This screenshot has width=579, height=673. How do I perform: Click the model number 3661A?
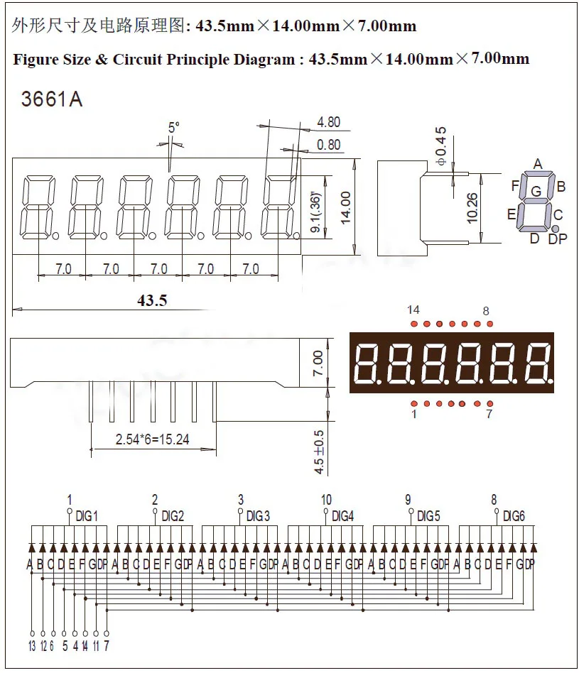point(52,99)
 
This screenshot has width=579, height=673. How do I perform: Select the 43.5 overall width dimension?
point(152,300)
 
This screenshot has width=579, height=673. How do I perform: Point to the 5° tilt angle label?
point(173,128)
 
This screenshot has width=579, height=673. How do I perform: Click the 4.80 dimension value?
point(328,122)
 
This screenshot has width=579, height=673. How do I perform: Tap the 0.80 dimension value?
point(328,145)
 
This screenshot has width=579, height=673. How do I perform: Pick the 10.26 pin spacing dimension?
point(473,207)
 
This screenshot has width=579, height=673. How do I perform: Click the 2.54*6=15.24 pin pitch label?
point(152,439)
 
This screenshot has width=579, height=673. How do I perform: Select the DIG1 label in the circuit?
point(87,516)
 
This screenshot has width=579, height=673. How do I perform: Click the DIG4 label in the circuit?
point(342,516)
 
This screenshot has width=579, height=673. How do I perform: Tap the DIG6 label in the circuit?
point(514,516)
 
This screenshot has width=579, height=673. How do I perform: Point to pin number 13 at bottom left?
point(32,645)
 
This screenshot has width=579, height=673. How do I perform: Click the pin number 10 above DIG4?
point(326,500)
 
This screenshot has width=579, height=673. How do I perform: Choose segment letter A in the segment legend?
point(537,164)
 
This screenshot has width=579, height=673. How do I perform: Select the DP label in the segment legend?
point(558,239)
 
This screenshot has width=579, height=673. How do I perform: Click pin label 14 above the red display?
point(413,310)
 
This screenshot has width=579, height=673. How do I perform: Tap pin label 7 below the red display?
point(489,414)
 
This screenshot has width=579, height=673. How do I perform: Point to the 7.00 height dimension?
point(318,363)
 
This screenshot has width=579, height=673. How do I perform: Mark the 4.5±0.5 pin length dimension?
point(318,452)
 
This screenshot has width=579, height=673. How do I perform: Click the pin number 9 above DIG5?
point(408,500)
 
